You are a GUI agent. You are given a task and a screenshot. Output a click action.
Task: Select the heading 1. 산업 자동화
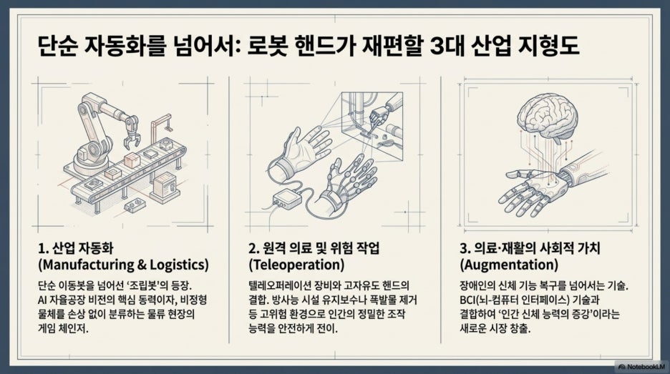pyautogui.click(x=76, y=248)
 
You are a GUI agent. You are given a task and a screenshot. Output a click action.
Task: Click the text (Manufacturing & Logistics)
pyautogui.click(x=124, y=265)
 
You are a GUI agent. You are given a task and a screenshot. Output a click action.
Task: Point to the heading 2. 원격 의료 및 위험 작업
pyautogui.click(x=314, y=248)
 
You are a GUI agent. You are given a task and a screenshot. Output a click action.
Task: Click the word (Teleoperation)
pyautogui.click(x=296, y=265)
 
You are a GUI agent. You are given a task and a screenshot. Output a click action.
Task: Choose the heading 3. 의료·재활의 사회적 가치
pyautogui.click(x=530, y=248)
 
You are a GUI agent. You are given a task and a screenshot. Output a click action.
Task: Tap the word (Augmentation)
pyautogui.click(x=509, y=265)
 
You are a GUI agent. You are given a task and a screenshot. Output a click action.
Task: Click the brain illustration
pyautogui.click(x=548, y=116)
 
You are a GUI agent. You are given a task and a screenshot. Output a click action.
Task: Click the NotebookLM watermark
pyautogui.click(x=641, y=366)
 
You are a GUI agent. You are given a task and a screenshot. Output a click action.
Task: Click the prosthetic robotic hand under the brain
pyautogui.click(x=540, y=188)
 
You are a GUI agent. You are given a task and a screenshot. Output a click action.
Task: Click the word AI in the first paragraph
pyautogui.click(x=42, y=300)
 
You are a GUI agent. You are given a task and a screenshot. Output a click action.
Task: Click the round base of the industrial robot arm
pyautogui.click(x=91, y=161)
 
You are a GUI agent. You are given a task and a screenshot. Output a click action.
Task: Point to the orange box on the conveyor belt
pyautogui.click(x=132, y=160)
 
